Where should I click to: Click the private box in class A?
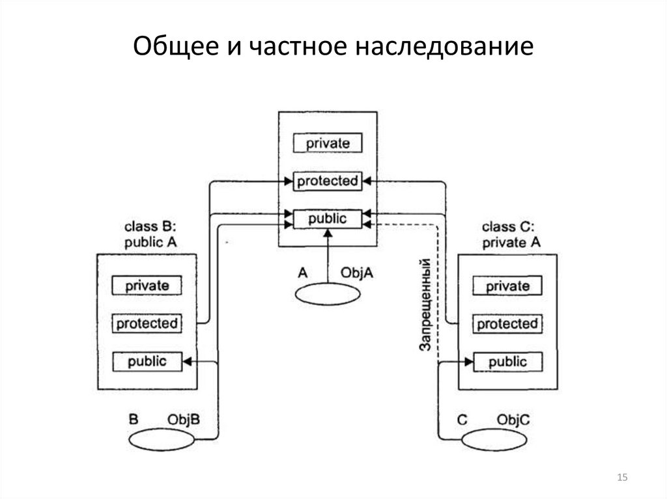click(x=327, y=142)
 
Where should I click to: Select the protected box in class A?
click(x=327, y=181)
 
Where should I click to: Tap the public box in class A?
click(x=327, y=219)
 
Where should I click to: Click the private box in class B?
click(x=147, y=285)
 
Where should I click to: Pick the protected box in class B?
click(x=147, y=323)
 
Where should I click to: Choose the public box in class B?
click(x=147, y=360)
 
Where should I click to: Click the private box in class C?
click(x=507, y=286)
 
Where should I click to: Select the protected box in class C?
click(x=507, y=323)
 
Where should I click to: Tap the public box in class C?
click(x=507, y=361)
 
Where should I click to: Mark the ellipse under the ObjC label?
click(x=495, y=440)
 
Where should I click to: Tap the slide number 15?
click(x=621, y=479)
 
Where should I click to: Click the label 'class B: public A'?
click(x=150, y=235)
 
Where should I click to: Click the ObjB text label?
click(x=184, y=420)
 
